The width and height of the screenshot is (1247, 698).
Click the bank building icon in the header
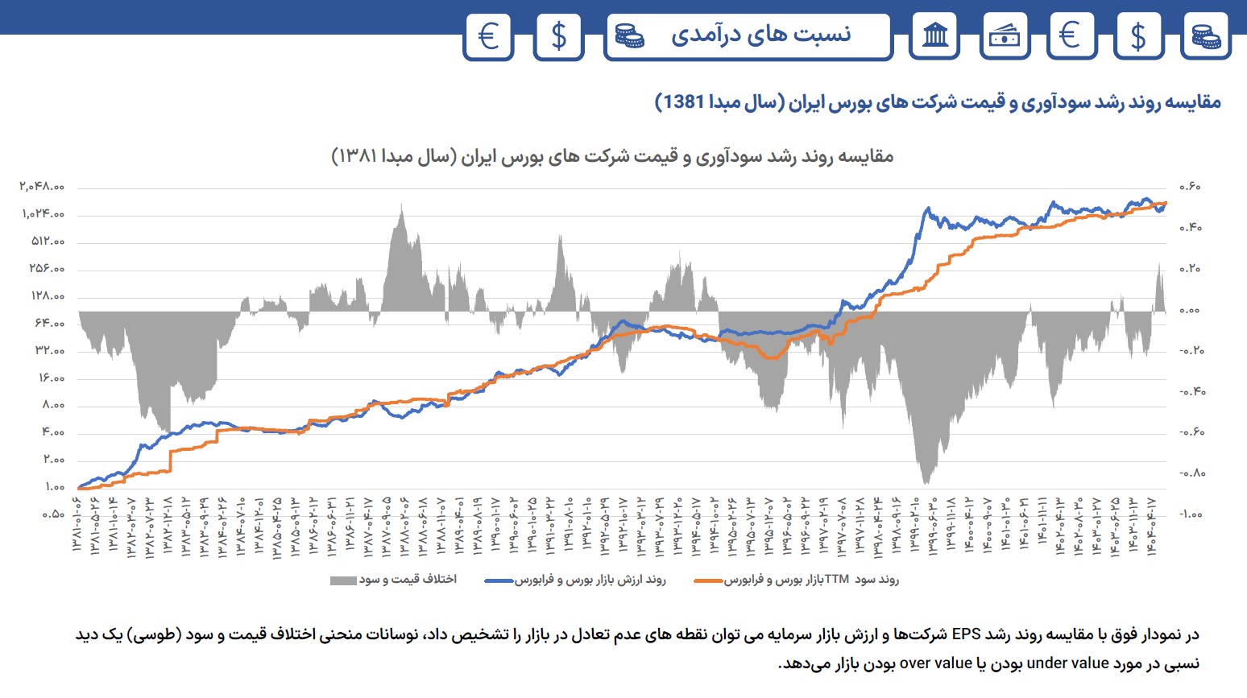(x=934, y=36)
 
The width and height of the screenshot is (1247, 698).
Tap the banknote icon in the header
(x=1004, y=36)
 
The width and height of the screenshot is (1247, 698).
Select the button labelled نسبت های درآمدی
(x=748, y=36)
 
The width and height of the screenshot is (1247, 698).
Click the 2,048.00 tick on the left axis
(x=43, y=187)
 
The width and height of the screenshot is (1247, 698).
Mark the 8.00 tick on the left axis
(x=52, y=405)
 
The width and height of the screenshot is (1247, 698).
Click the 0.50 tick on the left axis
(x=52, y=514)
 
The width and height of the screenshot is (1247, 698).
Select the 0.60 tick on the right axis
(x=1190, y=187)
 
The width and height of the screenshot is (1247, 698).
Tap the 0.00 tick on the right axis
(x=1190, y=310)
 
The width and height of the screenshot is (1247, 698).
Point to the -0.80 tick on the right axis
(x=1192, y=473)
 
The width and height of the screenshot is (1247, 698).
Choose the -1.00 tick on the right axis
(x=1192, y=514)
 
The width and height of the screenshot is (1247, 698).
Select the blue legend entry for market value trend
(x=576, y=580)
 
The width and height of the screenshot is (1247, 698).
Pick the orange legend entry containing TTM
(x=797, y=580)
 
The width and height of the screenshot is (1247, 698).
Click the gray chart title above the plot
(x=612, y=156)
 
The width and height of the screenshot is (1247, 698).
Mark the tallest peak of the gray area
(x=401, y=204)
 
